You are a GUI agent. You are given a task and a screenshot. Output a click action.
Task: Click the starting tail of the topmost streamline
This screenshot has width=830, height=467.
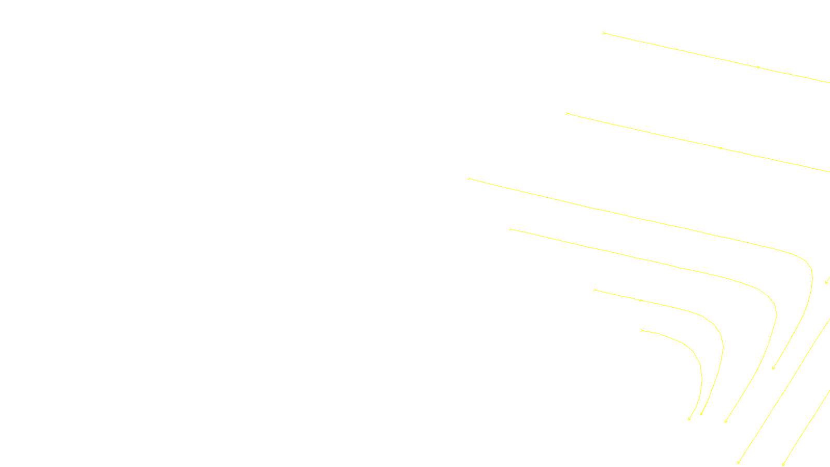click(x=603, y=33)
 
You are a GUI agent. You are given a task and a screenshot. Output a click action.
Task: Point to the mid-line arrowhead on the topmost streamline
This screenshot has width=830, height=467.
click(x=758, y=67)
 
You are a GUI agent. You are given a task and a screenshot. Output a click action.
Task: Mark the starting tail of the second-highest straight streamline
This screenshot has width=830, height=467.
click(x=566, y=113)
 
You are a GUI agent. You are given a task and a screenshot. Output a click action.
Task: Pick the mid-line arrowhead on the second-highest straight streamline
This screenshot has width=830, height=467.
click(x=721, y=148)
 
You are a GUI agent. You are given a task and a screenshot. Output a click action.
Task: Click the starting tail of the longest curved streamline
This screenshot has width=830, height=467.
click(x=469, y=178)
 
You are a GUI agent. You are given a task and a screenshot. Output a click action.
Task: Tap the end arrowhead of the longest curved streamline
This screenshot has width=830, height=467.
click(x=773, y=368)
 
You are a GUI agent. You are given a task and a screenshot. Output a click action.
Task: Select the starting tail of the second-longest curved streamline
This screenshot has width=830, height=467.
click(x=510, y=229)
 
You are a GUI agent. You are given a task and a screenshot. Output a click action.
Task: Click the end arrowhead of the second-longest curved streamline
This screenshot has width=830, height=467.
click(x=725, y=422)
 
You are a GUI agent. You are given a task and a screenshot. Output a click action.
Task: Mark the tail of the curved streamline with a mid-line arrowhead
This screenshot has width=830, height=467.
click(x=595, y=290)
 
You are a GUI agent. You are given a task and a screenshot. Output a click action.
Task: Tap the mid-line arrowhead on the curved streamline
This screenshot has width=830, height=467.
click(x=642, y=300)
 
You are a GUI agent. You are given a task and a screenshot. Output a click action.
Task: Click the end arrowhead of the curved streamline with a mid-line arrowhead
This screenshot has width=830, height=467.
click(x=701, y=415)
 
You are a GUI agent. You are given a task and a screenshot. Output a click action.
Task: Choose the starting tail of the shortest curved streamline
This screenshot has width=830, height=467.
click(x=642, y=330)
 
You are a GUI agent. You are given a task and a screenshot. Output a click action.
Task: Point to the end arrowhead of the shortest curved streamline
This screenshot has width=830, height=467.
click(x=689, y=419)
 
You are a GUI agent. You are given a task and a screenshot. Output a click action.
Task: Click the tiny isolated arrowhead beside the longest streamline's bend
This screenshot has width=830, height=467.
click(x=826, y=282)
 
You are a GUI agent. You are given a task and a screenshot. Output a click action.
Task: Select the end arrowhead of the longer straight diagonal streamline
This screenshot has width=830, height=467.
click(x=738, y=463)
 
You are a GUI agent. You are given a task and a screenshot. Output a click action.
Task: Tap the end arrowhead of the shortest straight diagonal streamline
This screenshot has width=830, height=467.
click(x=783, y=464)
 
